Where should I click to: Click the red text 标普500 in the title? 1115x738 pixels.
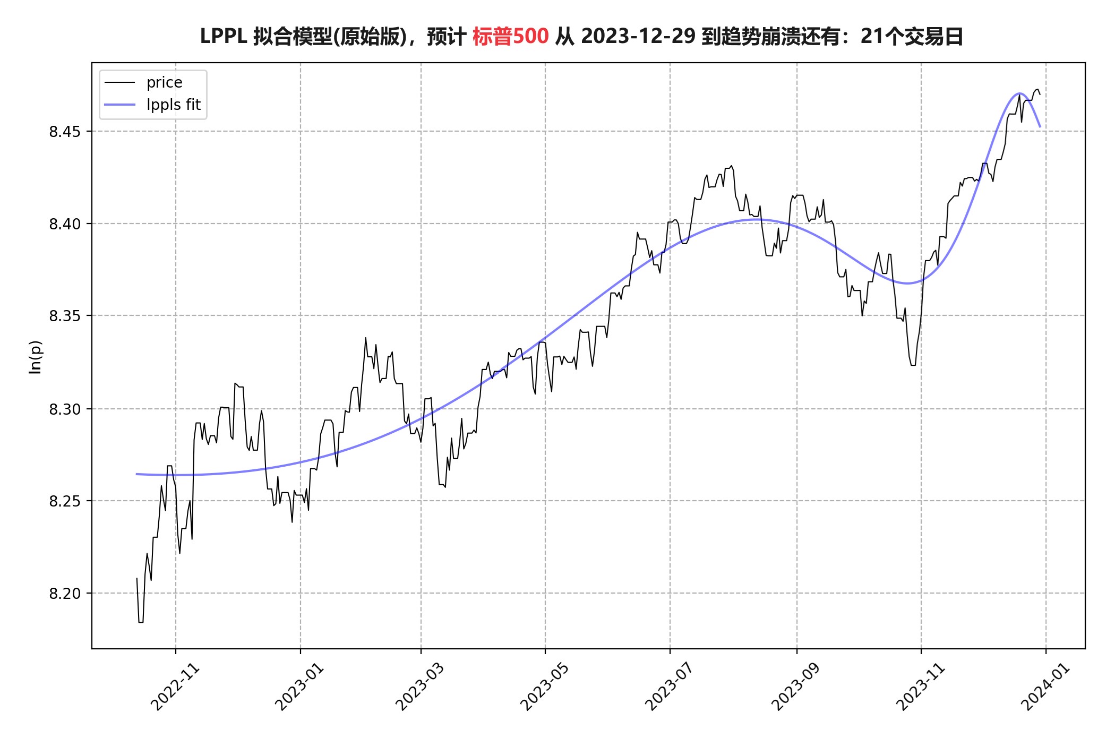click(x=510, y=37)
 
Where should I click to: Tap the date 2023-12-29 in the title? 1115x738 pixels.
click(x=638, y=37)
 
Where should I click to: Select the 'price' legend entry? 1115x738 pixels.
click(x=164, y=83)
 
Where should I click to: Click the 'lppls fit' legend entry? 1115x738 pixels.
click(x=173, y=105)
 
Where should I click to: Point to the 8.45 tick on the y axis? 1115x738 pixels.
click(x=65, y=132)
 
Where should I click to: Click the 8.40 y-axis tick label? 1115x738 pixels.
click(x=65, y=224)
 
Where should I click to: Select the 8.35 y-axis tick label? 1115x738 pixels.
click(x=65, y=316)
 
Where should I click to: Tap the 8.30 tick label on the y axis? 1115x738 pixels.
click(x=65, y=409)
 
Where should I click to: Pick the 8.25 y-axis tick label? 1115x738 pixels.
click(x=65, y=501)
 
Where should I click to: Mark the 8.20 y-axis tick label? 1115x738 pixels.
click(x=65, y=594)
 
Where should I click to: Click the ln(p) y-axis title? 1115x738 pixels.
click(x=35, y=357)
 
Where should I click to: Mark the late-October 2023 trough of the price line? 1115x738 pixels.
click(x=913, y=365)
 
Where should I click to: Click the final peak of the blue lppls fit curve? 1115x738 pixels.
click(x=1019, y=93)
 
